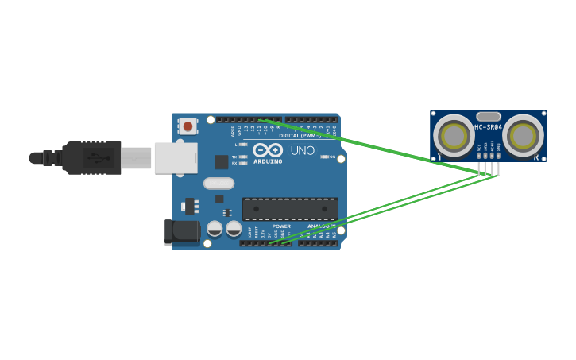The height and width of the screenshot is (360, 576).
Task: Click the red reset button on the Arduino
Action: click(187, 126)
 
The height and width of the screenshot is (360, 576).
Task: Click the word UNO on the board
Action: click(303, 151)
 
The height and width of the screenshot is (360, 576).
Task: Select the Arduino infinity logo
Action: click(268, 149)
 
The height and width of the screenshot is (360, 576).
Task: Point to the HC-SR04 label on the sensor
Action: click(488, 127)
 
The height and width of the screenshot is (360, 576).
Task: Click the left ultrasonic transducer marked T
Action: click(454, 135)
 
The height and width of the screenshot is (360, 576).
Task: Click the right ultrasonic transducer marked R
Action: click(523, 135)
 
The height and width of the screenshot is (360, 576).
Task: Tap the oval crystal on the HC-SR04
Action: click(488, 116)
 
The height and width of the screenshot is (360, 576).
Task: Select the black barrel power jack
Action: click(183, 231)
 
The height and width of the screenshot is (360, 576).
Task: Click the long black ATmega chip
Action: click(290, 209)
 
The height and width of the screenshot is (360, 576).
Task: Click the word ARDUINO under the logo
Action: click(268, 161)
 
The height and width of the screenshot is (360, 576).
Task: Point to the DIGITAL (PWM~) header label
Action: click(300, 135)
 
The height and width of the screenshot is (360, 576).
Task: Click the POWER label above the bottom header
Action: click(281, 226)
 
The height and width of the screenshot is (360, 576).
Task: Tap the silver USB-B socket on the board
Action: click(175, 157)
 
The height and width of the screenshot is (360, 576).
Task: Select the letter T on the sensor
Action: click(439, 157)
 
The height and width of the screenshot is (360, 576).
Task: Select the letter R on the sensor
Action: click(536, 157)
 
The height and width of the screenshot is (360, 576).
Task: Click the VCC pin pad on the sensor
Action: click(479, 154)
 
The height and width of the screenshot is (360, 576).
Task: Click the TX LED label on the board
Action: click(234, 157)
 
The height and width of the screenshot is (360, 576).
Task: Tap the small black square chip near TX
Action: click(221, 162)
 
